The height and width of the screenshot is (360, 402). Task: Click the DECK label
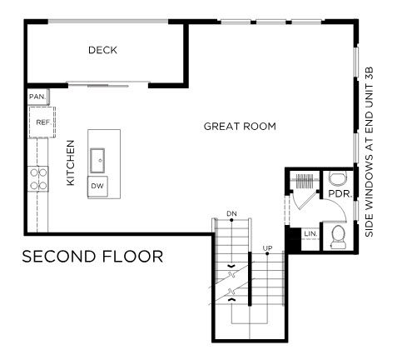[102, 50]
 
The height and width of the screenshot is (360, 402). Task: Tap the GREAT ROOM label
[240, 127]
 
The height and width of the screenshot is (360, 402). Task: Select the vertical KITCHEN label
[71, 162]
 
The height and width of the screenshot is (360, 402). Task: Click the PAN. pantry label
[37, 97]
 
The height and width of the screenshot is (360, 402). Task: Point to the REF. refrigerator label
[44, 122]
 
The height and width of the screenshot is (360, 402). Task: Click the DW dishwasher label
[97, 186]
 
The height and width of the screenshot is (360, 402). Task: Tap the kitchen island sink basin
[97, 161]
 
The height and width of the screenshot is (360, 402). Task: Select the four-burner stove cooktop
[38, 178]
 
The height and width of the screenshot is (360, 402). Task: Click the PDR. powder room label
[340, 194]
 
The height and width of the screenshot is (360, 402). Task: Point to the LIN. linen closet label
[310, 234]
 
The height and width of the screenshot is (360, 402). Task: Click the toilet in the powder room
[339, 237]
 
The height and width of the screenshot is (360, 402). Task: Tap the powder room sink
[338, 178]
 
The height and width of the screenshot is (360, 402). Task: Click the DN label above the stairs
[231, 213]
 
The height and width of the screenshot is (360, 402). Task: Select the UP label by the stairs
[267, 247]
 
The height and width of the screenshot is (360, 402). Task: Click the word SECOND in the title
[61, 257]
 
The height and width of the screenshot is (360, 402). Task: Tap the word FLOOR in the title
[133, 257]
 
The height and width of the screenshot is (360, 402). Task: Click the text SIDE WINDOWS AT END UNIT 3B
[370, 152]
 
